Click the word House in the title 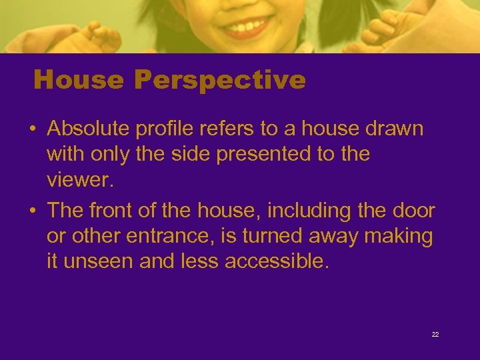coord(79,81)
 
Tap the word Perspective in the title coord(219,81)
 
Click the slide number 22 coord(435,334)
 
